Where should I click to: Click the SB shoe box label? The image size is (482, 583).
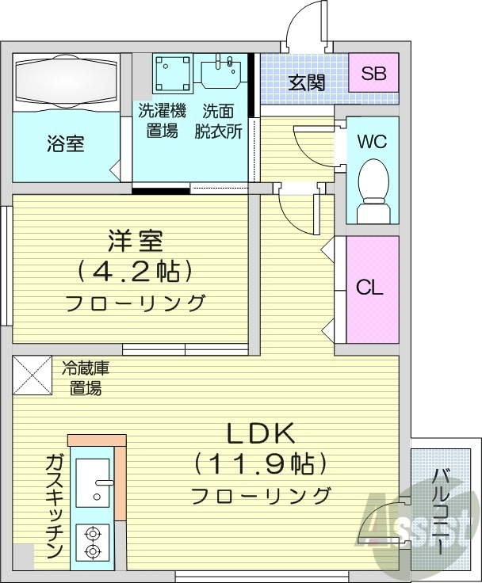click(x=373, y=74)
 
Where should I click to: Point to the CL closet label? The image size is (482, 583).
click(x=369, y=287)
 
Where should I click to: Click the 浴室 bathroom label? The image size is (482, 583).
click(x=66, y=144)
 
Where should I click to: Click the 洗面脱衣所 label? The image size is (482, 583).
click(x=219, y=120)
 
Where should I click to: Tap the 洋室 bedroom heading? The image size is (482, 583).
click(x=132, y=239)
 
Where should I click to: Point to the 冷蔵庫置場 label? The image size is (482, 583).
click(x=84, y=377)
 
